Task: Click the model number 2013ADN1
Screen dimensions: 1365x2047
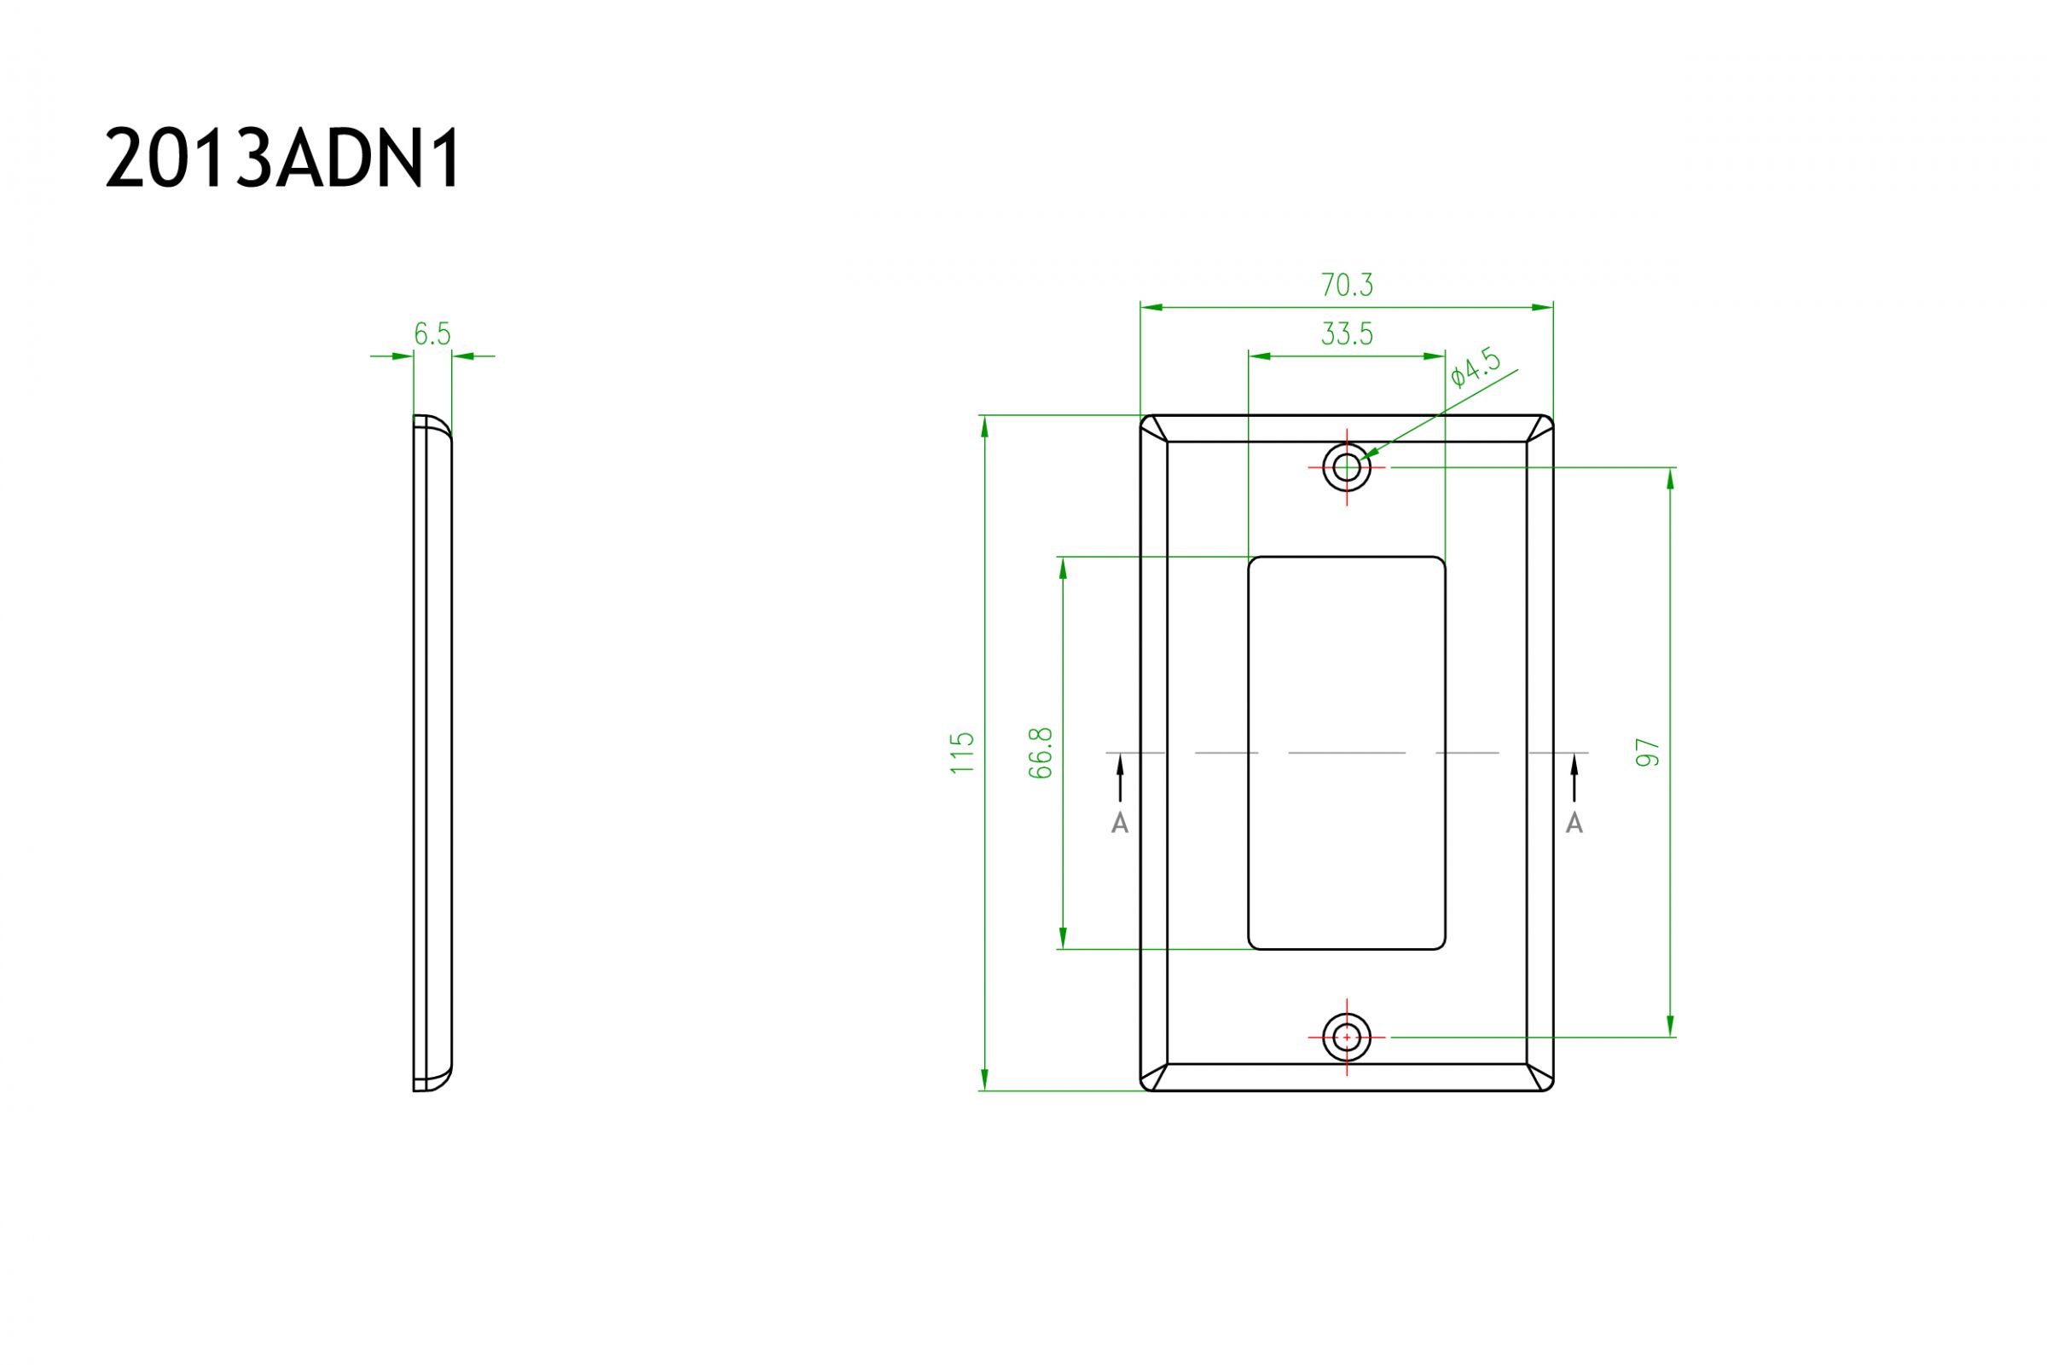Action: click(x=282, y=160)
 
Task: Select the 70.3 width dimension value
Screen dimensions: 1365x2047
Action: click(x=1346, y=285)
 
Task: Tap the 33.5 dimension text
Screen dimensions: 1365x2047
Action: click(x=1346, y=333)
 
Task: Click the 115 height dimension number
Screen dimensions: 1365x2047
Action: click(x=962, y=753)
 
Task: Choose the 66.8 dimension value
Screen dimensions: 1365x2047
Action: click(x=1041, y=753)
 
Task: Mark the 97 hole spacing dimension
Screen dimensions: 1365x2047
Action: click(x=1648, y=752)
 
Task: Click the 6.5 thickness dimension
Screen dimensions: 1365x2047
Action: click(x=432, y=333)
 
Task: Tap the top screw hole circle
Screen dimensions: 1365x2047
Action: click(x=1346, y=467)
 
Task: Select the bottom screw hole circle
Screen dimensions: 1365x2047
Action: click(x=1346, y=1038)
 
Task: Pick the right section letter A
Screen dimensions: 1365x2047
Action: click(x=1574, y=824)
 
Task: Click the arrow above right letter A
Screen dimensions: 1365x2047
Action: click(x=1574, y=777)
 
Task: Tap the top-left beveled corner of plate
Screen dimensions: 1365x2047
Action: click(x=1155, y=429)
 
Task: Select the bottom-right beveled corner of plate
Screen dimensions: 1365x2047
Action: click(x=1540, y=1077)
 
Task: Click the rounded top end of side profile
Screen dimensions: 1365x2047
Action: click(x=432, y=426)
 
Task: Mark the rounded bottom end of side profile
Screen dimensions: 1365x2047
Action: click(x=432, y=1079)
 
